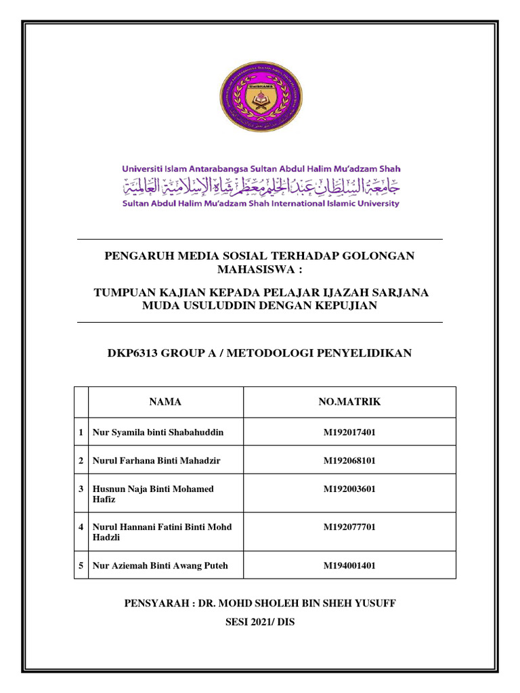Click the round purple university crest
pos(260,101)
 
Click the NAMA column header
pos(165,402)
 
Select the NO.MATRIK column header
pos(349,402)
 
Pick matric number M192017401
pos(349,432)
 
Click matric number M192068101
pos(349,460)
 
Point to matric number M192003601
pos(349,489)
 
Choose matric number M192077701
pos(349,527)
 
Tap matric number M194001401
pos(349,566)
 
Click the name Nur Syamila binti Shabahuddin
pos(158,432)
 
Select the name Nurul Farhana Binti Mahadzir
pos(156,460)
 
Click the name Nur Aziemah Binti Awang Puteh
pos(160,566)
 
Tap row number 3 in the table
pos(81,489)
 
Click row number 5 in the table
pos(81,566)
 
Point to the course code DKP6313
pos(133,353)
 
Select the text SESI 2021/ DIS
pos(260,621)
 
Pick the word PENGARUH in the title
pos(135,256)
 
